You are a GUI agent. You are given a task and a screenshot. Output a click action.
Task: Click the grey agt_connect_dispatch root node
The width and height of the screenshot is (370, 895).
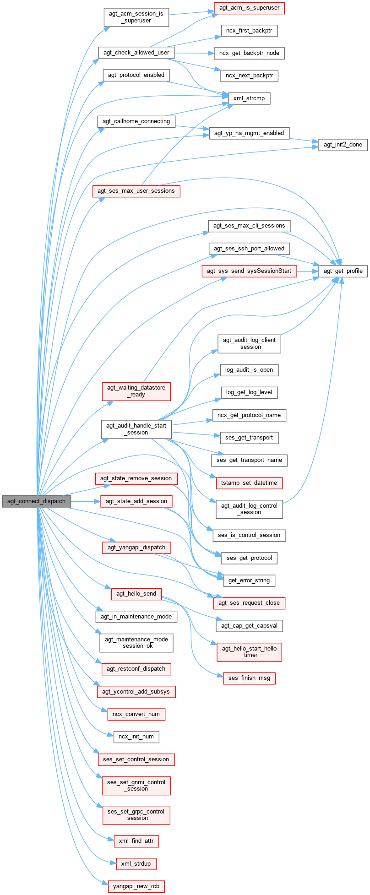[36, 501]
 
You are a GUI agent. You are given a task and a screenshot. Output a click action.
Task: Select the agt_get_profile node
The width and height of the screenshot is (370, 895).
[343, 271]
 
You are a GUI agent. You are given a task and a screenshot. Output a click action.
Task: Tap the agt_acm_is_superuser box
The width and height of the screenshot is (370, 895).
[249, 8]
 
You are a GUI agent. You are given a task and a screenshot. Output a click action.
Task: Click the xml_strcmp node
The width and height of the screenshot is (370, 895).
[249, 98]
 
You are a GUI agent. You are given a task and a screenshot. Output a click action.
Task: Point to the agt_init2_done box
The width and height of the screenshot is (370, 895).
[343, 145]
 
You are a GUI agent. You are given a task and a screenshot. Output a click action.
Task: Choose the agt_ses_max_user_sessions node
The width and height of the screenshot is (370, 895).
[136, 191]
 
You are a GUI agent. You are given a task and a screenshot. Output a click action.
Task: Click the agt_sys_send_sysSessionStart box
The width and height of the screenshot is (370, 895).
[249, 271]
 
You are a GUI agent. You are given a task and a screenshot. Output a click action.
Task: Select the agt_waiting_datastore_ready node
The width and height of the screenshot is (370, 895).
[136, 391]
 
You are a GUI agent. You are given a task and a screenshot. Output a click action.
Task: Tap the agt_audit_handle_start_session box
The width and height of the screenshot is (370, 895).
[136, 429]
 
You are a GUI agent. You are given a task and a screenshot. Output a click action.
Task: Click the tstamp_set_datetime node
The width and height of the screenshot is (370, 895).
[249, 483]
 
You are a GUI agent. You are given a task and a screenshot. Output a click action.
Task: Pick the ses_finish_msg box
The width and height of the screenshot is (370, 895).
[249, 678]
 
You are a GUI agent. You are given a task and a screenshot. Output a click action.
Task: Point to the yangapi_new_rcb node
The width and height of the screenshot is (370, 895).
[136, 887]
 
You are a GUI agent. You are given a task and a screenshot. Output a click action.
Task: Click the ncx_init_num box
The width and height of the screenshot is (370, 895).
[136, 737]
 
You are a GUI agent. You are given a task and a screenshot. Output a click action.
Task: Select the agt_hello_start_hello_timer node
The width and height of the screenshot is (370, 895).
[249, 651]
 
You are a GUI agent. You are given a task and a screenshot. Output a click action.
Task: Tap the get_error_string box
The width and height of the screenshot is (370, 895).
[249, 580]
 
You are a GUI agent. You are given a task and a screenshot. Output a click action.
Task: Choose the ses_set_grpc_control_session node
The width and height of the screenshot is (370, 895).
[136, 814]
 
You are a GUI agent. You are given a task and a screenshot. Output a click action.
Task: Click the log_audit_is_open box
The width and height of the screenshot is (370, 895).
[249, 370]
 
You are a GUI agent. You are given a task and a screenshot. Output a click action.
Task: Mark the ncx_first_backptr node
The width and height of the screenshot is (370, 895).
[249, 31]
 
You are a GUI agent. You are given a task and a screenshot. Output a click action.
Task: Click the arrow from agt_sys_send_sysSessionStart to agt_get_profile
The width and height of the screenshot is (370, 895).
[308, 271]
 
